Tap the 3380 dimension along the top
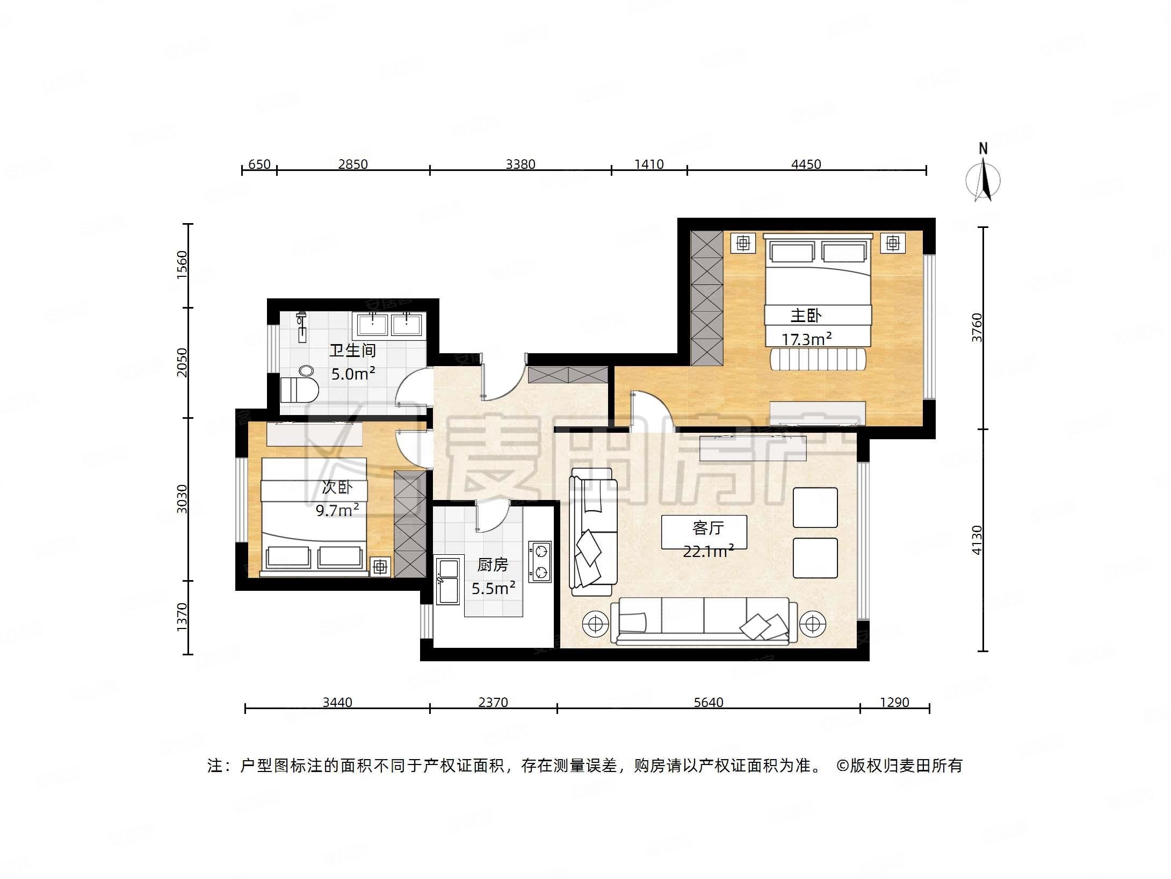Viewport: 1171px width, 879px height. coord(520,164)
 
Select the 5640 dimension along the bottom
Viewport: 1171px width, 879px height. coord(708,702)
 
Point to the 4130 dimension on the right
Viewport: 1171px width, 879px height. coord(977,540)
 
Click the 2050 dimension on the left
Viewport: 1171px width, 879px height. coord(183,362)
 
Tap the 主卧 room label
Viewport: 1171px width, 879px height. coord(806,316)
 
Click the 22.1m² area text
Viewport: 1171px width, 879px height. coord(708,551)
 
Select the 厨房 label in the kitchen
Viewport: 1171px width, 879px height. coord(492,564)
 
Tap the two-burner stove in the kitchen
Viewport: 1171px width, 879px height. coord(540,561)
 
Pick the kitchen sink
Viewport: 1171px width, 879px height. coord(447,581)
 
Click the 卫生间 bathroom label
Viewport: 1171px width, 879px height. coord(352,351)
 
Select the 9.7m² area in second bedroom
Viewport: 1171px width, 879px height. coord(337,510)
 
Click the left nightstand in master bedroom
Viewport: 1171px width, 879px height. coord(743,243)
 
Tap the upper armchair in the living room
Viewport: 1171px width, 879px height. coord(815,507)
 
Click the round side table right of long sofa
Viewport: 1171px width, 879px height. coord(812,624)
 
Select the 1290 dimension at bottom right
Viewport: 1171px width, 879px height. coord(894,702)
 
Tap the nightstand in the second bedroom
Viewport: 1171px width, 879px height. coord(380,567)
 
